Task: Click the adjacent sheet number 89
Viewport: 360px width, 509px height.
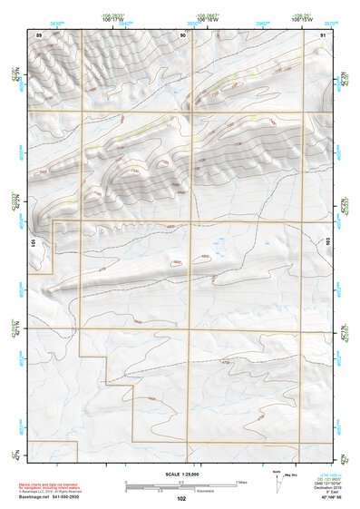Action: pyautogui.click(x=39, y=34)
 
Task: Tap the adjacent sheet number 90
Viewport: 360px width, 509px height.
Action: pyautogui.click(x=182, y=34)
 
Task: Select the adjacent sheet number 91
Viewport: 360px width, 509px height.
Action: pyautogui.click(x=324, y=34)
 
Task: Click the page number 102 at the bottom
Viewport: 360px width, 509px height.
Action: pyautogui.click(x=181, y=498)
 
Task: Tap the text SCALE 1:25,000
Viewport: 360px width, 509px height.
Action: pyautogui.click(x=181, y=474)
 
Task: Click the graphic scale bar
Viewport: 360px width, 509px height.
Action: pyautogui.click(x=181, y=485)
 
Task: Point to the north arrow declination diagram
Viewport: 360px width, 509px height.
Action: pyautogui.click(x=277, y=478)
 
